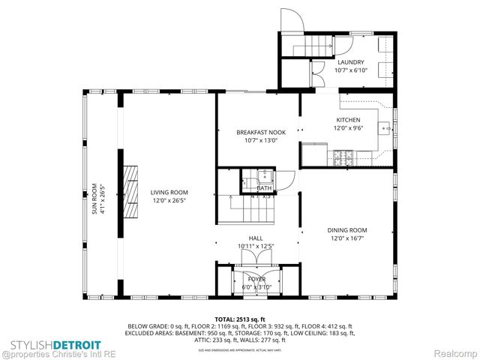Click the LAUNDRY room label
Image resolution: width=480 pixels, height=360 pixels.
click(350, 62)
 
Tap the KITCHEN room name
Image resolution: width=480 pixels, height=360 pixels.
click(348, 120)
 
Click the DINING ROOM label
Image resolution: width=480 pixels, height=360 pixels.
click(347, 230)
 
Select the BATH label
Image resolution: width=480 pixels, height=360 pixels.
click(254, 188)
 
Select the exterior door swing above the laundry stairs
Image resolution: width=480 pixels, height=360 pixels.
click(292, 22)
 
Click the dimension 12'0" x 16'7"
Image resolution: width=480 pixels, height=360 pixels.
click(347, 238)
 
